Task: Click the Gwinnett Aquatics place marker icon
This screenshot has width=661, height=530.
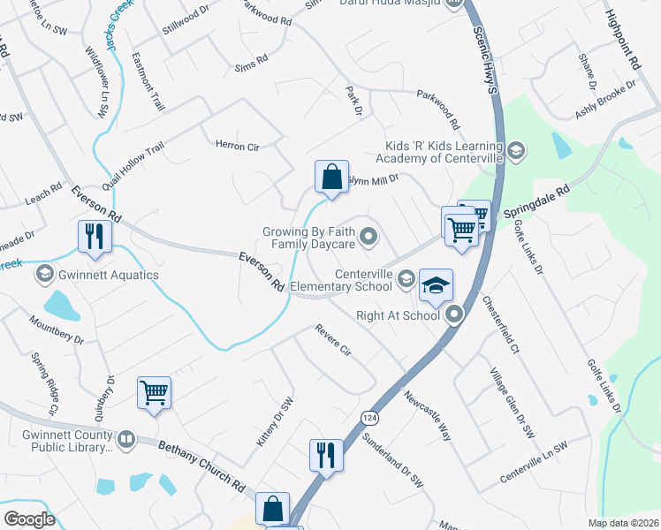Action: (43, 275)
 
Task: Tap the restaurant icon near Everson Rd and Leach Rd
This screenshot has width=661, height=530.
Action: (93, 236)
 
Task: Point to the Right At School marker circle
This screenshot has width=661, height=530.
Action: (454, 314)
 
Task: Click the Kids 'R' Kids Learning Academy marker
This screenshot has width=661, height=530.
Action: (517, 152)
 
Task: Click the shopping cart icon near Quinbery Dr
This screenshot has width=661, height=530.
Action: (154, 391)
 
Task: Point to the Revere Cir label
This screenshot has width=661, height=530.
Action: (333, 340)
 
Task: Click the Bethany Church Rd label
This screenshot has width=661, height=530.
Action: (201, 467)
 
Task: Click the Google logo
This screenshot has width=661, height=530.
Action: (29, 519)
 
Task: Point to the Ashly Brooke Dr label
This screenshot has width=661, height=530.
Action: (605, 101)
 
